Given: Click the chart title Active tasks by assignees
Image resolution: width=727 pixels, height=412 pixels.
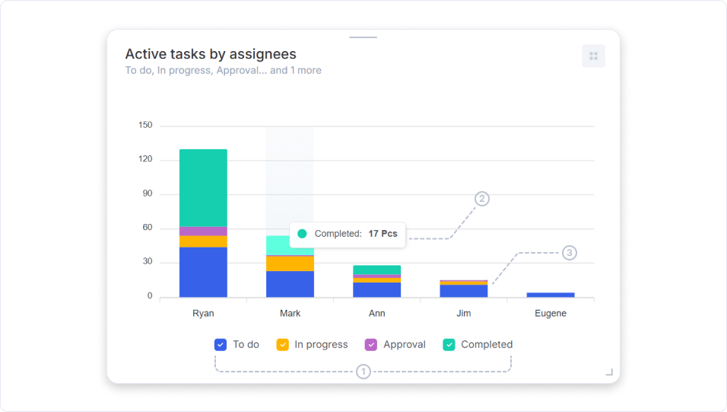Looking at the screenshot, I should click(x=211, y=54).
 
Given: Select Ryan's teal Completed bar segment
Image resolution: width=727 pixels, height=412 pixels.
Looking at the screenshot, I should click(x=203, y=187).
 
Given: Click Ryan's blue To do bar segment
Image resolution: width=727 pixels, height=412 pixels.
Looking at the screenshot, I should click(x=203, y=272).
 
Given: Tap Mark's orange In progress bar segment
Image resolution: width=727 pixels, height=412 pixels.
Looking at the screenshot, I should click(x=290, y=263).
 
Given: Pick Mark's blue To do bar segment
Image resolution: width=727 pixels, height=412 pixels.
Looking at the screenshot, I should click(x=290, y=284).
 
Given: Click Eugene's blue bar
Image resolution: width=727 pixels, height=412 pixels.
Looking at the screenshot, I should click(x=551, y=294).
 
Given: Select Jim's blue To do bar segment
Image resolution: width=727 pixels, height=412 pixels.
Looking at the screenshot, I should click(x=464, y=291).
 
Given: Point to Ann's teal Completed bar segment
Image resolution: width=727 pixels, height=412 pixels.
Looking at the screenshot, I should click(x=376, y=270).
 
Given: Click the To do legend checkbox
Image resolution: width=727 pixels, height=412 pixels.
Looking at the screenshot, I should click(x=221, y=344).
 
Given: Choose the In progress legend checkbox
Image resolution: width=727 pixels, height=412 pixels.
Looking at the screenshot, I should click(x=282, y=344).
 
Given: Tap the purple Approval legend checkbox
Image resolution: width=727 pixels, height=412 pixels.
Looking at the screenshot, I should click(x=371, y=344).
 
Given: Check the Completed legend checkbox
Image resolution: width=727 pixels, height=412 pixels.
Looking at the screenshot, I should click(x=449, y=344).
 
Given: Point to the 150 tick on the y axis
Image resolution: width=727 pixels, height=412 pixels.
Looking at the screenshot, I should click(x=145, y=125).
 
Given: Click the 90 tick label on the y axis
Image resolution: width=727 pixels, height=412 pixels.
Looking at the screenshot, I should click(x=145, y=193).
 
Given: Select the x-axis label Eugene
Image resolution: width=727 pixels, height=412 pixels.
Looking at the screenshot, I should click(x=551, y=313).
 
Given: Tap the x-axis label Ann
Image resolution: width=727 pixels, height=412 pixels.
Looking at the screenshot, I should click(x=376, y=313).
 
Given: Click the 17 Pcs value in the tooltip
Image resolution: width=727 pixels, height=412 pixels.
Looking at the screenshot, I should click(x=383, y=234).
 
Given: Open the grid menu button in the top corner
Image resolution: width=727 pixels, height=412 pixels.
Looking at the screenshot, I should click(x=593, y=56).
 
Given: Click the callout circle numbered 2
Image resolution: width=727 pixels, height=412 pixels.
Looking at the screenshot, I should click(x=482, y=199).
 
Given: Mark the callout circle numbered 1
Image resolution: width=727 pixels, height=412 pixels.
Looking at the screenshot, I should click(x=363, y=372).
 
